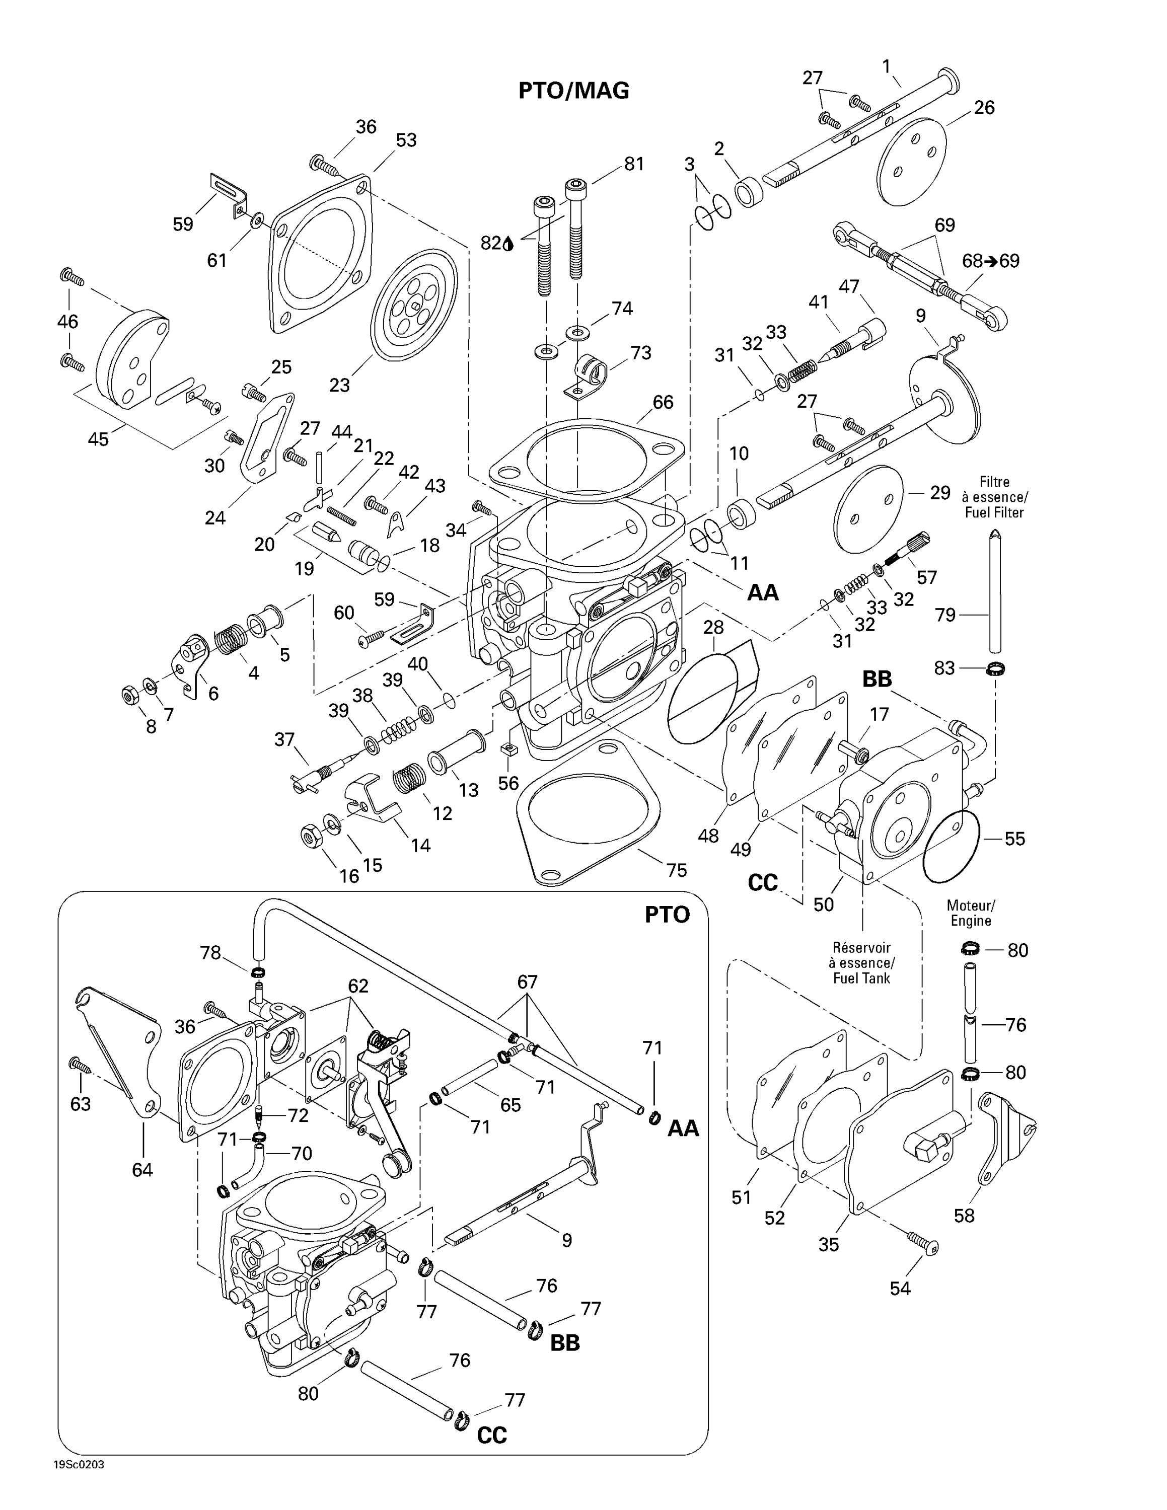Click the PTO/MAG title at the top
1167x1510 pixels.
tap(574, 91)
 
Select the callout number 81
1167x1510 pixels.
tap(633, 164)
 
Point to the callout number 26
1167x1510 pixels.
tap(984, 107)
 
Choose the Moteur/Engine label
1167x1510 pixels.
tap(971, 913)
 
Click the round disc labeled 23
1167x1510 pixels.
tap(415, 304)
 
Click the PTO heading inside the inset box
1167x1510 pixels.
tap(667, 915)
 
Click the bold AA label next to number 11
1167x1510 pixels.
tap(763, 592)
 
